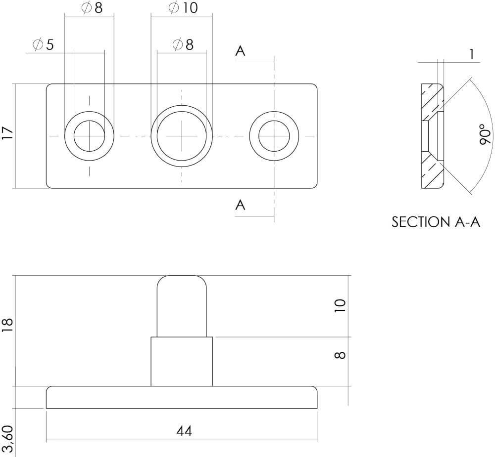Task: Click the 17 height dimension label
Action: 7,134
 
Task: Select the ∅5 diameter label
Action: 44,45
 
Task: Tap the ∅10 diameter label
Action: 183,8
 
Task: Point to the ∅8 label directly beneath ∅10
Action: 183,44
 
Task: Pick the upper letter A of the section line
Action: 240,51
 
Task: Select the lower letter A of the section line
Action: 240,205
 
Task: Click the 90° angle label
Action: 486,134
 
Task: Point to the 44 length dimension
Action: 184,431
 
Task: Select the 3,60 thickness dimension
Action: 7,441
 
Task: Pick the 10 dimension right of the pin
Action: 340,305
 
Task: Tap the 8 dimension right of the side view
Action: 340,354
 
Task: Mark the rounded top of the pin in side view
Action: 182,283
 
